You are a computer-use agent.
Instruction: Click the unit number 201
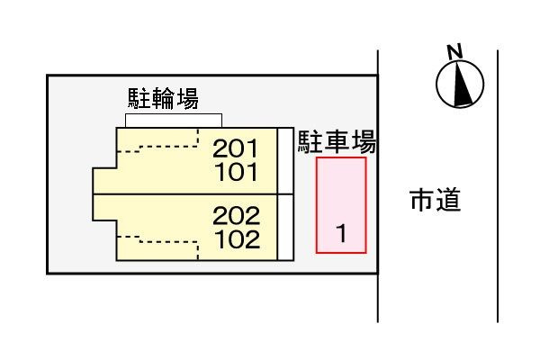click(x=235, y=148)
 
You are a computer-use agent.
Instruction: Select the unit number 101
click(x=236, y=172)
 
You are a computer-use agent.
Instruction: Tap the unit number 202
click(x=236, y=216)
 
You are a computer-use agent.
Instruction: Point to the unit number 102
click(x=237, y=239)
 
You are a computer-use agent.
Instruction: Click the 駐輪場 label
click(x=163, y=99)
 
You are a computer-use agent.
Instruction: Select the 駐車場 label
click(x=337, y=141)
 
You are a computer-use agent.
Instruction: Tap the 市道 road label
click(x=436, y=200)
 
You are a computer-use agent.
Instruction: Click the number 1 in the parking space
click(x=341, y=233)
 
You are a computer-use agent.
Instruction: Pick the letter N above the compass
click(x=454, y=52)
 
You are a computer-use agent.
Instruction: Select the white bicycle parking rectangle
click(x=174, y=121)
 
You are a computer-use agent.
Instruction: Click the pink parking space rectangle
click(x=341, y=205)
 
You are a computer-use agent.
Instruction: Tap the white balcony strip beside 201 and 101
click(x=285, y=161)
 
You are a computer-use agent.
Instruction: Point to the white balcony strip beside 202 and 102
click(x=285, y=228)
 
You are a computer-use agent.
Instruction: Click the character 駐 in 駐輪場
click(x=139, y=99)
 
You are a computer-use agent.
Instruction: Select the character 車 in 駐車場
click(x=337, y=141)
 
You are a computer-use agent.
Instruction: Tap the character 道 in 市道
click(x=448, y=200)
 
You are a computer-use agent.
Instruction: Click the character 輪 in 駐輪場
click(x=163, y=99)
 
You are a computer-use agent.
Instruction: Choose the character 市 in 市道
click(x=423, y=200)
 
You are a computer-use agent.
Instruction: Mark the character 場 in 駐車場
click(x=364, y=141)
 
